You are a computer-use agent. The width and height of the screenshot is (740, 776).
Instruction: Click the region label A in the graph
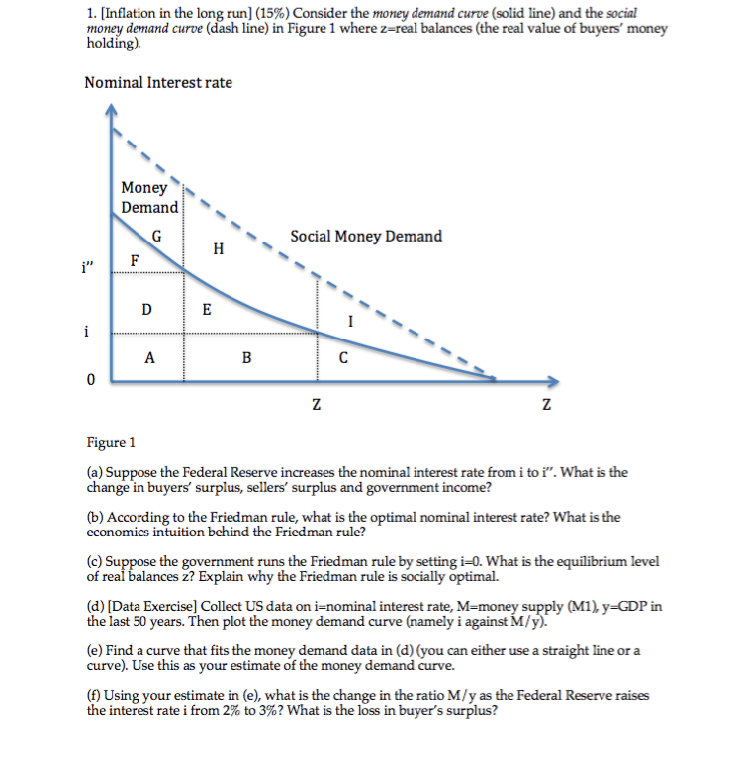point(148,359)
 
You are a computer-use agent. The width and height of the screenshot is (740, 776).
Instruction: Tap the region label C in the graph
point(342,359)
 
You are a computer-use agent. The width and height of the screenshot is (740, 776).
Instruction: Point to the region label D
point(146,308)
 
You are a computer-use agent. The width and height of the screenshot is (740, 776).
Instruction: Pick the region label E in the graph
point(206,308)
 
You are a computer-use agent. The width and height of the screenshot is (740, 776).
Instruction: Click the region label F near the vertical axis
point(136,259)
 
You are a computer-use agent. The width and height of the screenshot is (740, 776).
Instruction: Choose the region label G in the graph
point(157,236)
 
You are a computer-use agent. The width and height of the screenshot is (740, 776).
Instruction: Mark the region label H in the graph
point(218,247)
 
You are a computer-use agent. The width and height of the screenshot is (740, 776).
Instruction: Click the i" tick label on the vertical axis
point(92,266)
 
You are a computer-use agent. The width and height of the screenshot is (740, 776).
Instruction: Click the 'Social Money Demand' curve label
point(366,236)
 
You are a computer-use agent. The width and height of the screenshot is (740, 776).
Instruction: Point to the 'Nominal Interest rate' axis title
point(158,82)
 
